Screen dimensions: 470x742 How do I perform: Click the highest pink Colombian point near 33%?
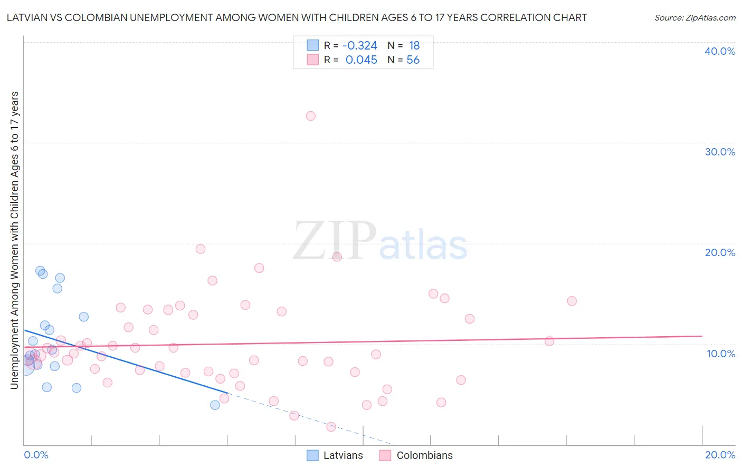(x=310, y=116)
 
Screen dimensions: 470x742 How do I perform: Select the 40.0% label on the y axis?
(x=719, y=51)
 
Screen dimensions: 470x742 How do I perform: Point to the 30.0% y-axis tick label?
(x=719, y=152)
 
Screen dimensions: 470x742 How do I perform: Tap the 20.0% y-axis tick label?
(x=719, y=252)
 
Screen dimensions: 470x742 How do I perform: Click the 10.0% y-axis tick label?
(x=720, y=354)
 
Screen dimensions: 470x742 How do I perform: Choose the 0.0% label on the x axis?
(x=36, y=455)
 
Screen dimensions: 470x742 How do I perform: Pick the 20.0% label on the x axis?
(x=720, y=455)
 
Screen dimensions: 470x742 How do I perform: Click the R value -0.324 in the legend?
(x=359, y=46)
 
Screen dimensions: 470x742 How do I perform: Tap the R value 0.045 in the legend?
(x=361, y=60)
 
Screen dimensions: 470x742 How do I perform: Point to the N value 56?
(x=413, y=60)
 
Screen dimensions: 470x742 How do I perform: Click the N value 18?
(x=414, y=46)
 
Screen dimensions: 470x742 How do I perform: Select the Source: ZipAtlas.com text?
(x=695, y=18)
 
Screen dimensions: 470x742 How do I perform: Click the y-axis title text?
(x=14, y=240)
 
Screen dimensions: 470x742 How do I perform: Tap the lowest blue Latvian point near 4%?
(x=215, y=405)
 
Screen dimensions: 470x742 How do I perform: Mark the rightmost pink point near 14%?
(x=572, y=301)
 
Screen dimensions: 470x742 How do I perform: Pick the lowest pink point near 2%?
(x=331, y=427)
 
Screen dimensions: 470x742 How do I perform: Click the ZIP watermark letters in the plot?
(x=334, y=241)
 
